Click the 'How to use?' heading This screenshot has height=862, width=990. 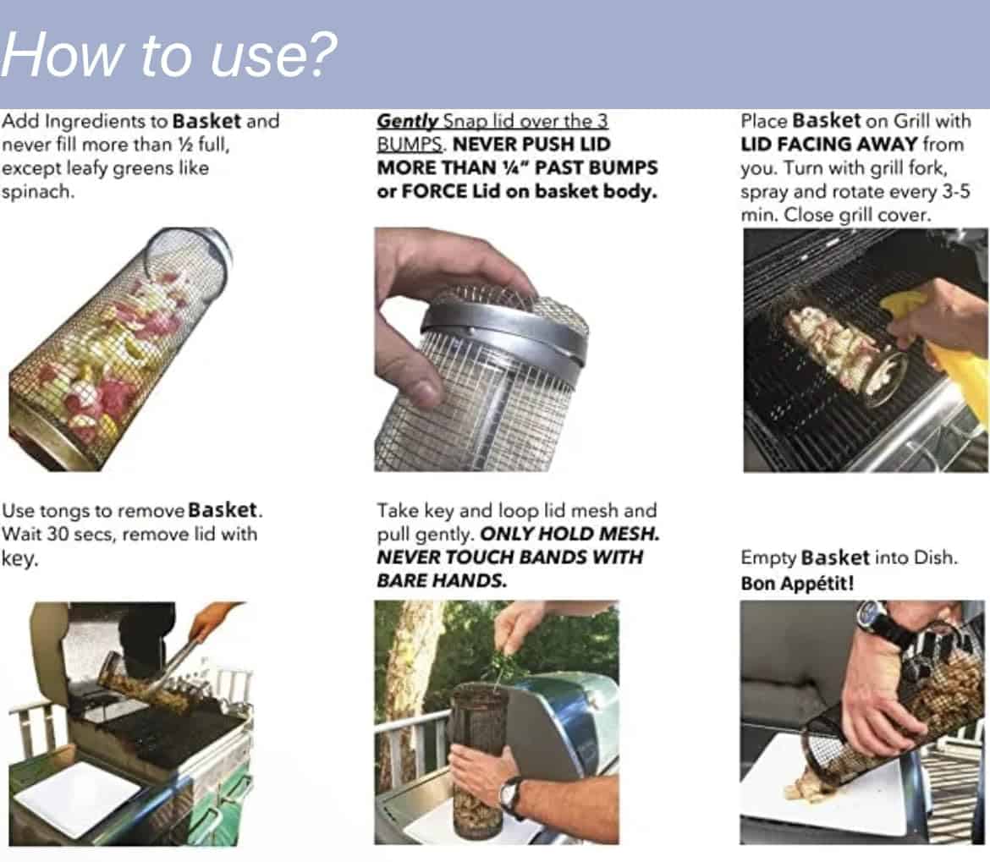(x=169, y=55)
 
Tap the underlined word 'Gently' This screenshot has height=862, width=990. (x=407, y=120)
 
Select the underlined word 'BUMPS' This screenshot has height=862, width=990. (x=410, y=145)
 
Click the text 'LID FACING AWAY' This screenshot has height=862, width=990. (x=829, y=145)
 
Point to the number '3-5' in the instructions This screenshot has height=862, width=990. (x=955, y=191)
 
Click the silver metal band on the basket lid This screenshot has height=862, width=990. (x=505, y=334)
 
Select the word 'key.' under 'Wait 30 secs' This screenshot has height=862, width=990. (x=20, y=558)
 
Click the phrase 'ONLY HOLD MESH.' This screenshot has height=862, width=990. (x=569, y=534)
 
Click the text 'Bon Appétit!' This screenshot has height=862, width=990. (x=797, y=583)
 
